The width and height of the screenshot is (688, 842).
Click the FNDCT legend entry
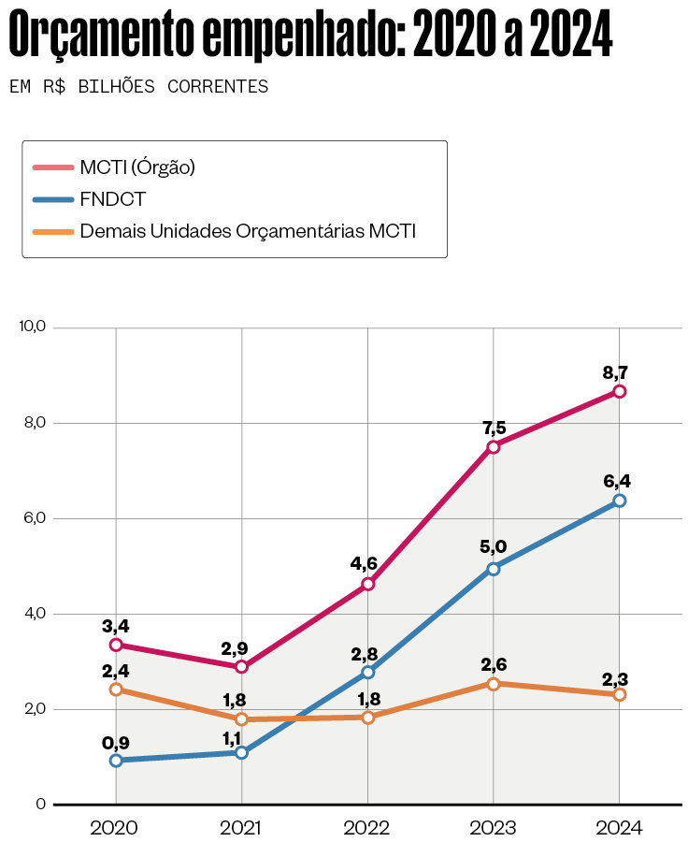[112, 199]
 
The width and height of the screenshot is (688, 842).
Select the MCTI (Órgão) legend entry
[136, 167]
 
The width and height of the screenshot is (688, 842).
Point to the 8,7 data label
[619, 371]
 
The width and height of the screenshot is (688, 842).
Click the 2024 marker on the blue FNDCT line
[619, 501]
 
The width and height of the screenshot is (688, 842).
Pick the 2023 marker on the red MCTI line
[494, 447]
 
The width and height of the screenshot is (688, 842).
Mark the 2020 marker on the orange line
[116, 690]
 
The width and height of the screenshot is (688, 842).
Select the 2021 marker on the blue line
[242, 752]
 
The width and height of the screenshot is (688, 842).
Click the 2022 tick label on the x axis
[367, 828]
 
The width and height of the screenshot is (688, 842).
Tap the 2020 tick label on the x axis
[116, 828]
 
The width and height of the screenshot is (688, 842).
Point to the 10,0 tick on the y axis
[32, 327]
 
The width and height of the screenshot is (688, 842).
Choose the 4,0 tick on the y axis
[34, 614]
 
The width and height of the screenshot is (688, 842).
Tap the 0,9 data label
[116, 743]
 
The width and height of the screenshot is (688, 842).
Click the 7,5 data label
[494, 428]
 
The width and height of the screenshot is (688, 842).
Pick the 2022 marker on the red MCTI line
[367, 584]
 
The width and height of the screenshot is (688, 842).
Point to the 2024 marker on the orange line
[619, 694]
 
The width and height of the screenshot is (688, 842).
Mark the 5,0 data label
[494, 547]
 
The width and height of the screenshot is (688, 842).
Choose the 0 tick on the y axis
[40, 805]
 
